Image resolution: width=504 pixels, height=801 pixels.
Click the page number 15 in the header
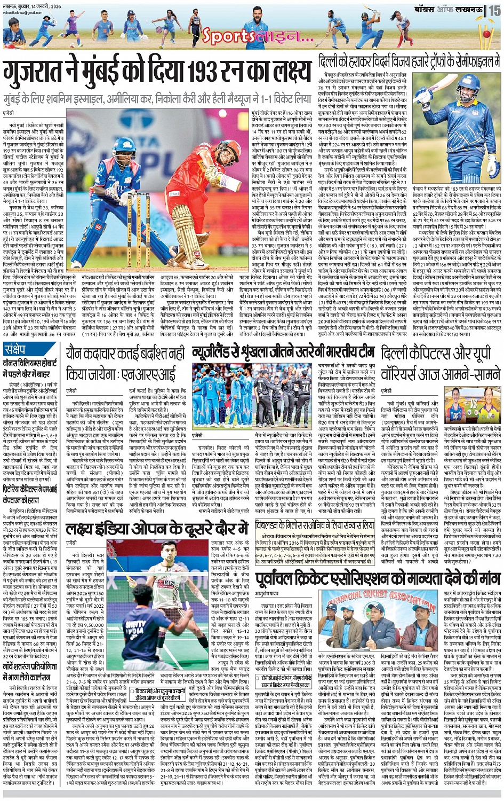[x=495, y=10]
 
